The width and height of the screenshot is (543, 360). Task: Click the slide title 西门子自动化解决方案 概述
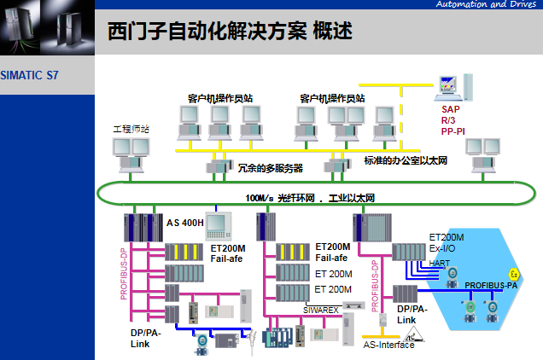pos(231,32)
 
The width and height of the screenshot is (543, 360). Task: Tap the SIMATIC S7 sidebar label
pos(30,75)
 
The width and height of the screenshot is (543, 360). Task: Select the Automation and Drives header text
pos(487,5)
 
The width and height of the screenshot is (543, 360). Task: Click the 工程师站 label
pos(131,129)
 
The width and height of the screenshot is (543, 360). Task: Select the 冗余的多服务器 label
pos(270,168)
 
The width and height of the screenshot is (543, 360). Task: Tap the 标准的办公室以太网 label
pos(406,160)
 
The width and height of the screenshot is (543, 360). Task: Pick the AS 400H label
pos(185,223)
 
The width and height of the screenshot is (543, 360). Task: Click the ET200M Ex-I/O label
pos(447,242)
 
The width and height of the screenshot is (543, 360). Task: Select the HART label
pos(439,263)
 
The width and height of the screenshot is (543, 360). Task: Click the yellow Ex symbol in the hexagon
pos(514,273)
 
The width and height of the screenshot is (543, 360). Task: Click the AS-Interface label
pos(388,345)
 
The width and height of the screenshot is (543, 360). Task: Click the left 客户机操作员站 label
pos(220,98)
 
